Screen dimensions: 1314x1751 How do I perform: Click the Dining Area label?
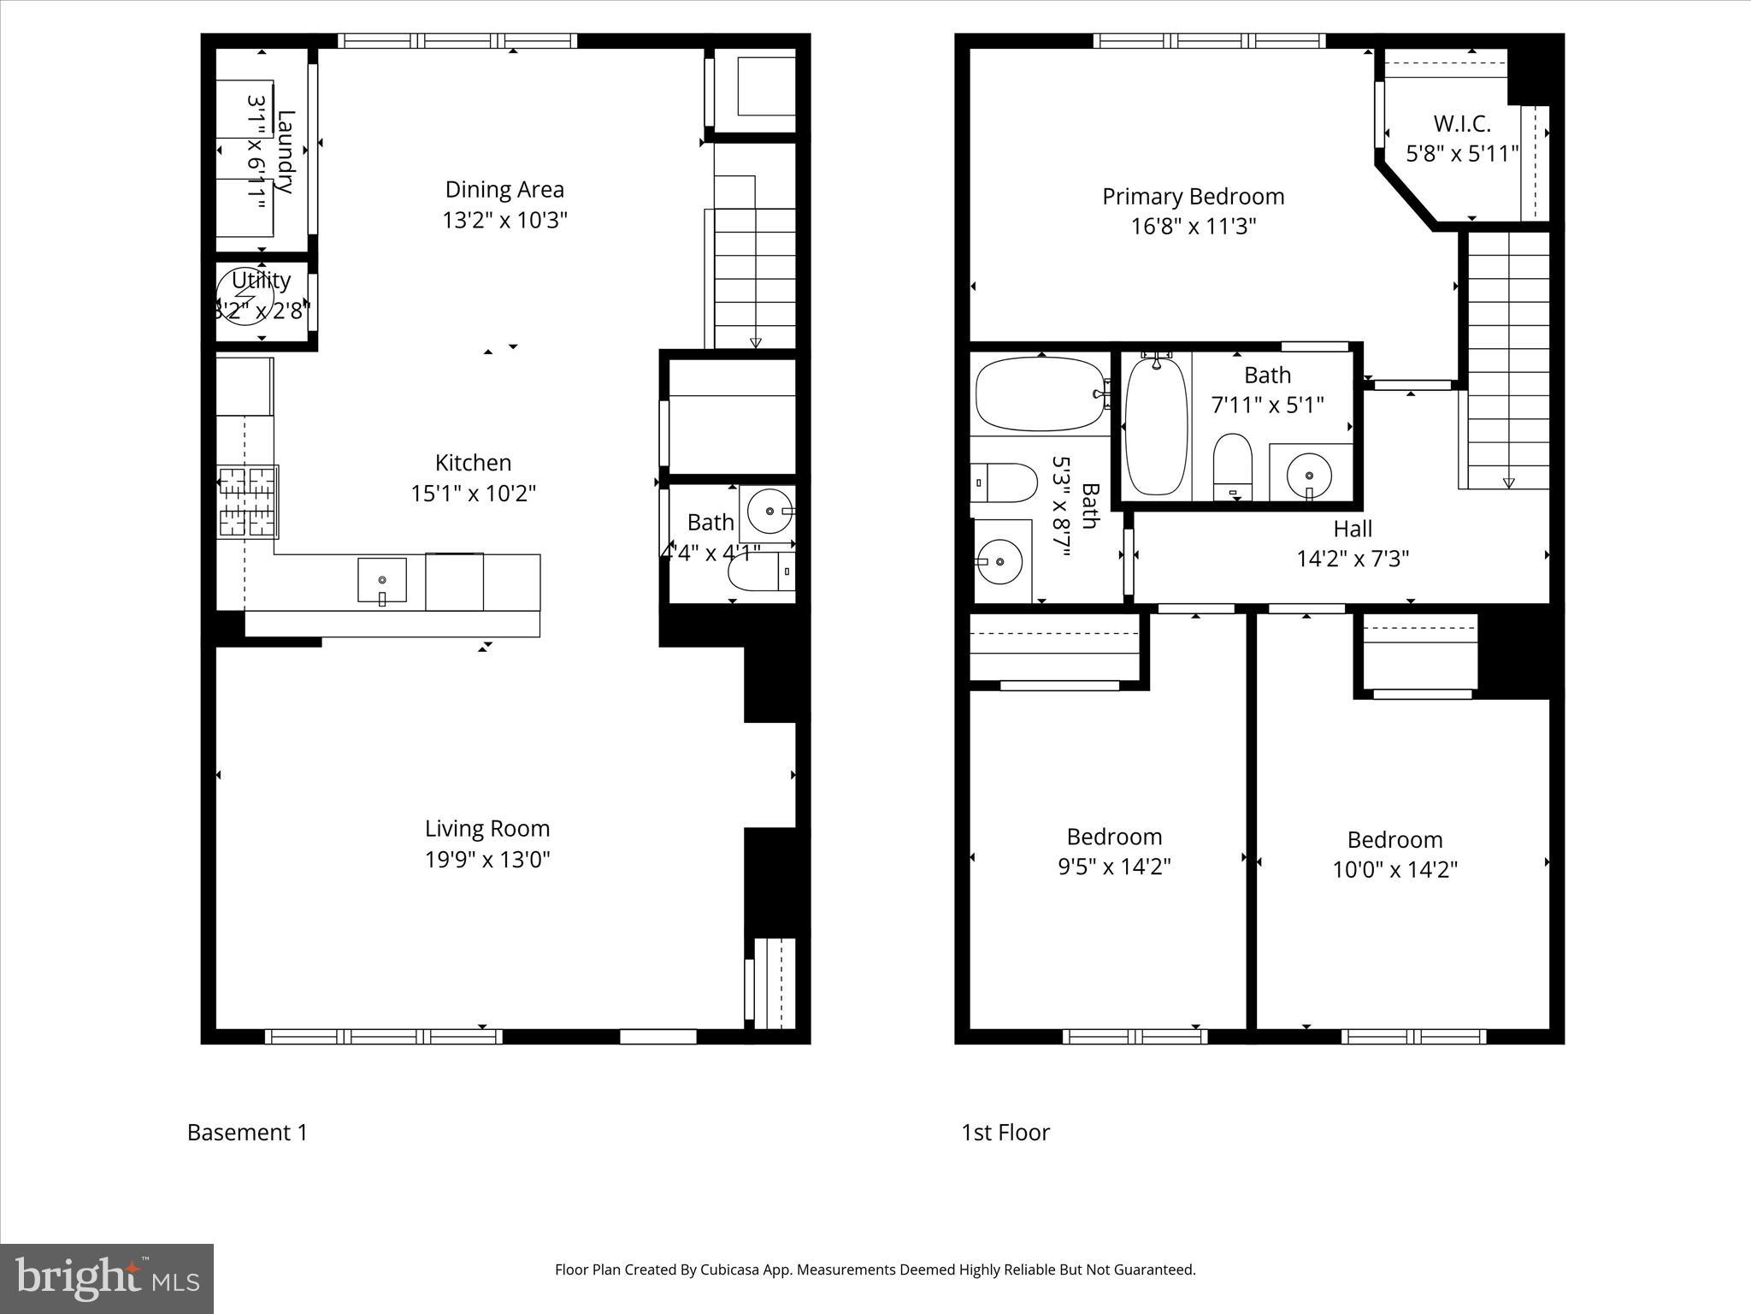click(x=504, y=189)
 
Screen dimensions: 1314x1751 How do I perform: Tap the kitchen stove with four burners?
click(x=248, y=502)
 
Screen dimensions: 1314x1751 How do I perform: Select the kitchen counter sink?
click(x=382, y=580)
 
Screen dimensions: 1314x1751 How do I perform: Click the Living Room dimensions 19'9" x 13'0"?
click(x=487, y=859)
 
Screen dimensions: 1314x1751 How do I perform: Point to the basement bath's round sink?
click(x=769, y=511)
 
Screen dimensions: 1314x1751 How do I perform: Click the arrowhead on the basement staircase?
click(x=755, y=343)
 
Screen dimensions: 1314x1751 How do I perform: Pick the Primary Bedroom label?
click(x=1193, y=197)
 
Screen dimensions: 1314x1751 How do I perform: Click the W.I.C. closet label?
click(x=1462, y=124)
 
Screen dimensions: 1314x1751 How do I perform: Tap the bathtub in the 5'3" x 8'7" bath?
click(x=1039, y=394)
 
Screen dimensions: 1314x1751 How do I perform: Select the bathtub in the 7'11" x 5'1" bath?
click(x=1156, y=426)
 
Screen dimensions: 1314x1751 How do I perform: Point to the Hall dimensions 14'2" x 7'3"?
click(x=1353, y=559)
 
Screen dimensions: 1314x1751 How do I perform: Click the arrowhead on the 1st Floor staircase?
click(x=1508, y=482)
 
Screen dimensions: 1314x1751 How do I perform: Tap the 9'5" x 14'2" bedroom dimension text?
click(x=1114, y=867)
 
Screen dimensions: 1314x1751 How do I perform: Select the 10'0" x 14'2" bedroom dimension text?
click(x=1394, y=870)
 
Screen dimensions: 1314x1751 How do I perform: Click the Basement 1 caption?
click(x=247, y=1133)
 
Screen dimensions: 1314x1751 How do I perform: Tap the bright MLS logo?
click(x=107, y=1278)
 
